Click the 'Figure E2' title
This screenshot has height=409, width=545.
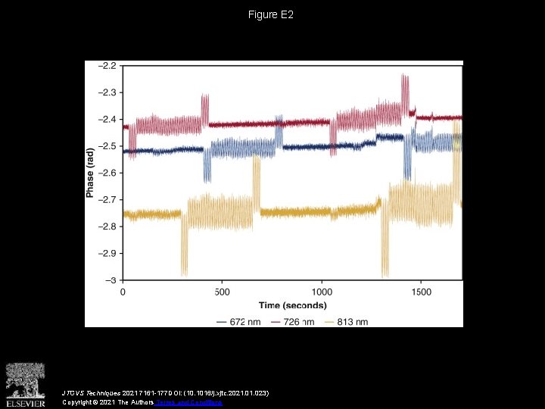click(x=272, y=15)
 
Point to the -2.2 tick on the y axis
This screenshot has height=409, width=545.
click(x=107, y=66)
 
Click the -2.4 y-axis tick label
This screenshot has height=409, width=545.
click(x=107, y=120)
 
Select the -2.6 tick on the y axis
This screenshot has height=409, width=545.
click(x=107, y=173)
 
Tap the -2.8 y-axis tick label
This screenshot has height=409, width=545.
click(x=107, y=226)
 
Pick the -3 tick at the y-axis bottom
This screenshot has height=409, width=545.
click(x=111, y=279)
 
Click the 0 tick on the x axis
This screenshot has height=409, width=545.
click(x=123, y=292)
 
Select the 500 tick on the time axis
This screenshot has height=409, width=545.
click(x=222, y=292)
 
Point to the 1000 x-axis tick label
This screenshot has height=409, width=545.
click(x=322, y=292)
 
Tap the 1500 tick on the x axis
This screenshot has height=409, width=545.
click(x=421, y=292)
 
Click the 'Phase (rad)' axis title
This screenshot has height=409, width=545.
click(x=90, y=173)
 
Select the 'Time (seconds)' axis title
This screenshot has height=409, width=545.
click(x=292, y=305)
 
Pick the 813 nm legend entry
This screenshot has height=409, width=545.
click(x=347, y=322)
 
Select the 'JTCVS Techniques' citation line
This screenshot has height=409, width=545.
click(x=165, y=394)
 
